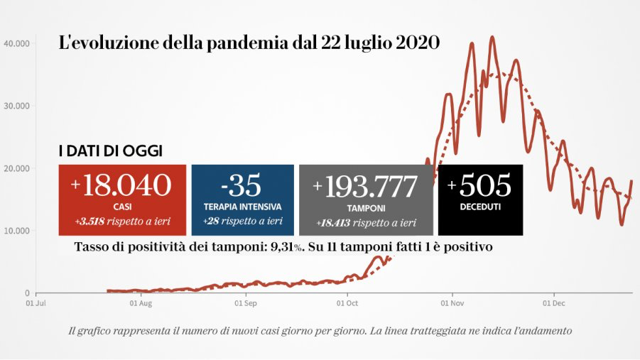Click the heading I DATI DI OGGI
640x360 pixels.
[x=110, y=151]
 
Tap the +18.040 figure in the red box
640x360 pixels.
[x=121, y=185]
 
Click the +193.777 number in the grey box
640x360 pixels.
[x=365, y=187]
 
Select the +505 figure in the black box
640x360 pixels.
[x=479, y=185]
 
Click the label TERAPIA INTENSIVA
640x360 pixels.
[x=242, y=207]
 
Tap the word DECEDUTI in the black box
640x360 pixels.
[x=479, y=207]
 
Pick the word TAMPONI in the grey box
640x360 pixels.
[x=365, y=208]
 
